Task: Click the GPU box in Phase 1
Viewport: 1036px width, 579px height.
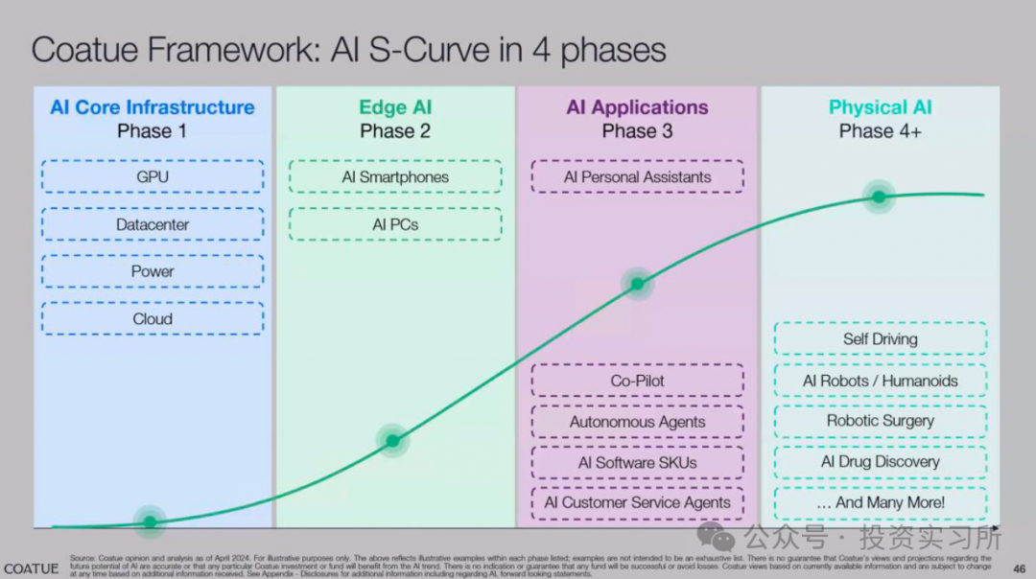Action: click(x=153, y=176)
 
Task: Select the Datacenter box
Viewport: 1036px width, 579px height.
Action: click(x=153, y=224)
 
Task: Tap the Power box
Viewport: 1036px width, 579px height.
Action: click(x=153, y=271)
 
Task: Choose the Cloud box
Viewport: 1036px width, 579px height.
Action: click(x=153, y=318)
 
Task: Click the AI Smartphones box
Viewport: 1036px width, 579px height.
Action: click(x=395, y=176)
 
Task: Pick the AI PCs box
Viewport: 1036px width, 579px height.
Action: click(x=395, y=224)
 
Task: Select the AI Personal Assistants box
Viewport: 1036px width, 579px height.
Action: click(x=637, y=176)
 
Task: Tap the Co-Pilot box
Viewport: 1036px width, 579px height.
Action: click(x=637, y=381)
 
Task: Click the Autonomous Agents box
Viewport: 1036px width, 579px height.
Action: click(x=637, y=422)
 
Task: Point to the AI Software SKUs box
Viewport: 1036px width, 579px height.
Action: click(x=637, y=462)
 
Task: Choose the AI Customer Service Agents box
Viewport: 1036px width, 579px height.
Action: click(x=637, y=502)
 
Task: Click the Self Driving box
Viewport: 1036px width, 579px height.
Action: click(x=880, y=338)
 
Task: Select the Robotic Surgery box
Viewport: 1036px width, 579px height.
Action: click(x=880, y=421)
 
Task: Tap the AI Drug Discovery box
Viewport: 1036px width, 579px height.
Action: click(x=880, y=461)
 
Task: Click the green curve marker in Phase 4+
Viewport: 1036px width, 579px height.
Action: click(x=879, y=197)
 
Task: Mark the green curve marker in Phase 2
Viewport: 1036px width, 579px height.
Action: click(x=392, y=441)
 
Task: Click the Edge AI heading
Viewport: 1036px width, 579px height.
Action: click(x=395, y=107)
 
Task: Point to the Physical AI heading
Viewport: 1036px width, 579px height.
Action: click(x=880, y=107)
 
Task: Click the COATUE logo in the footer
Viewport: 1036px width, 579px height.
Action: click(x=31, y=568)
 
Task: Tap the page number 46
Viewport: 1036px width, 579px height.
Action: click(x=1020, y=567)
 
